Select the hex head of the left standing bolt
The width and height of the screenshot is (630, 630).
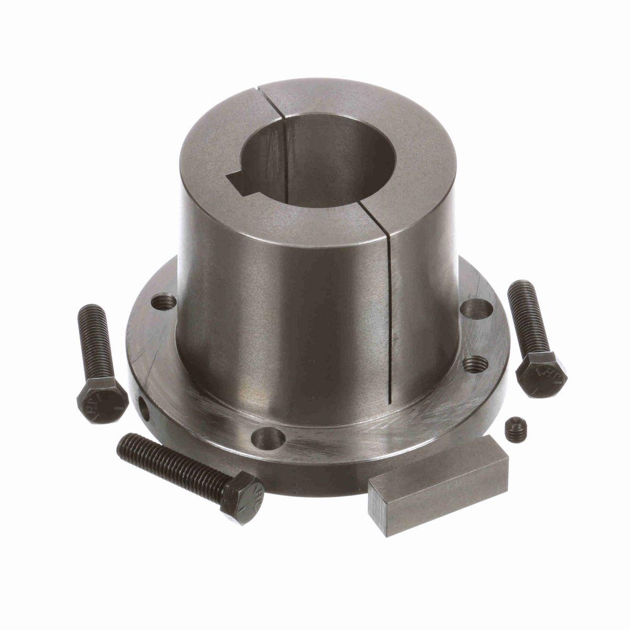coord(102,399)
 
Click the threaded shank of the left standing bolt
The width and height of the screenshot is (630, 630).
coord(94,341)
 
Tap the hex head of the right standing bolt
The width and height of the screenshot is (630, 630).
coord(541,374)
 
